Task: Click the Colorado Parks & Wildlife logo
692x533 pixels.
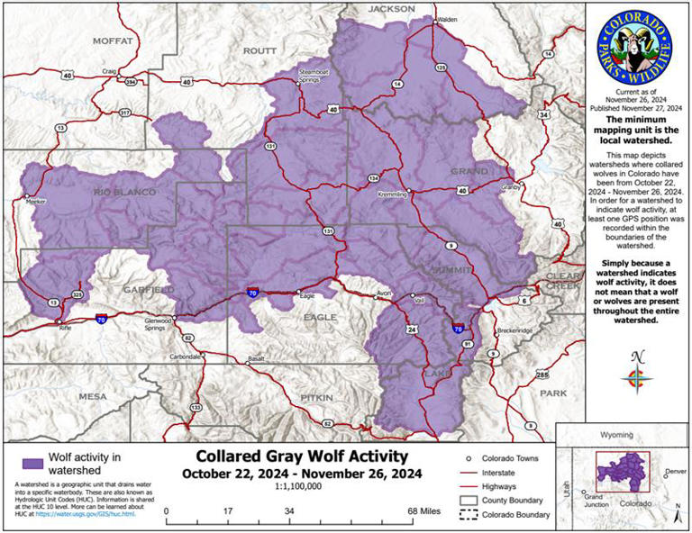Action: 636,45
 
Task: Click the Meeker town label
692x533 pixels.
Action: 35,202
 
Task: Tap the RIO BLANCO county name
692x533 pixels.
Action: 123,193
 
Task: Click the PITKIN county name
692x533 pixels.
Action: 317,396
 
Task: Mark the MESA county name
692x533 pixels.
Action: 92,396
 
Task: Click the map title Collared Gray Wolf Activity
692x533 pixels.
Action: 302,457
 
